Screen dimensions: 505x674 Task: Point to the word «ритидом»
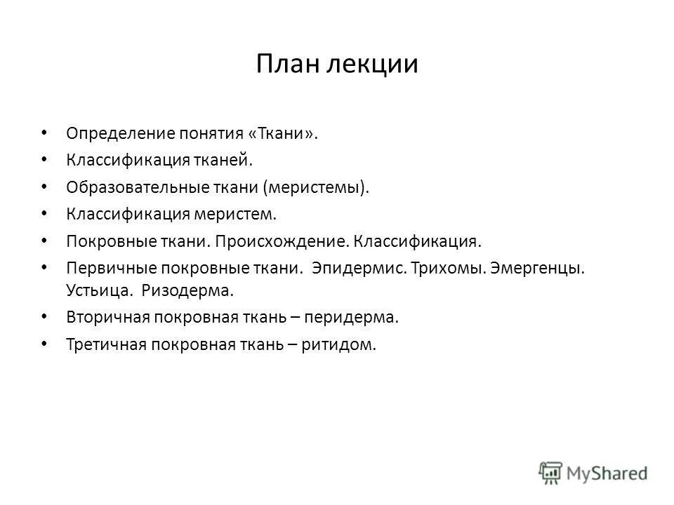tap(340, 344)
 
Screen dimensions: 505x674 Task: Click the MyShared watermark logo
tap(593, 473)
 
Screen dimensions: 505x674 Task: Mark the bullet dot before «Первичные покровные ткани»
tap(44, 267)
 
